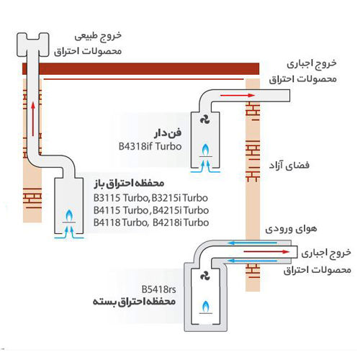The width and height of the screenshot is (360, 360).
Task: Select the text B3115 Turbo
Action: pyautogui.click(x=118, y=197)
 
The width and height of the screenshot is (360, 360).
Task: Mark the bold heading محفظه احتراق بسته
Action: pyautogui.click(x=137, y=302)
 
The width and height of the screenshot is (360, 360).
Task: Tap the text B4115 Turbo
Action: pyautogui.click(x=118, y=210)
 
